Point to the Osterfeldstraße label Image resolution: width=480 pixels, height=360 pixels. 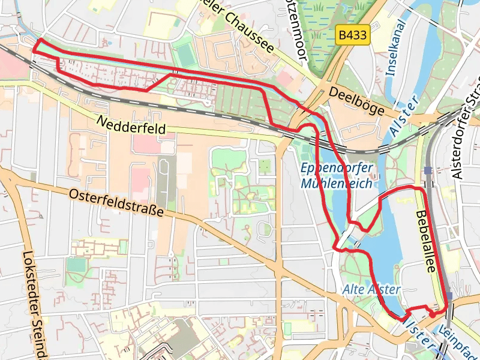click(x=116, y=203)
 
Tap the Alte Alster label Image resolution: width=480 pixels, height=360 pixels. click(x=371, y=289)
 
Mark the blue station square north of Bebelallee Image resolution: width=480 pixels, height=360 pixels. click(x=428, y=170)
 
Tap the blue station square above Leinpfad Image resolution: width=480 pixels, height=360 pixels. click(x=449, y=295)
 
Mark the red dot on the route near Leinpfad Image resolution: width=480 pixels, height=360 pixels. click(x=433, y=314)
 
